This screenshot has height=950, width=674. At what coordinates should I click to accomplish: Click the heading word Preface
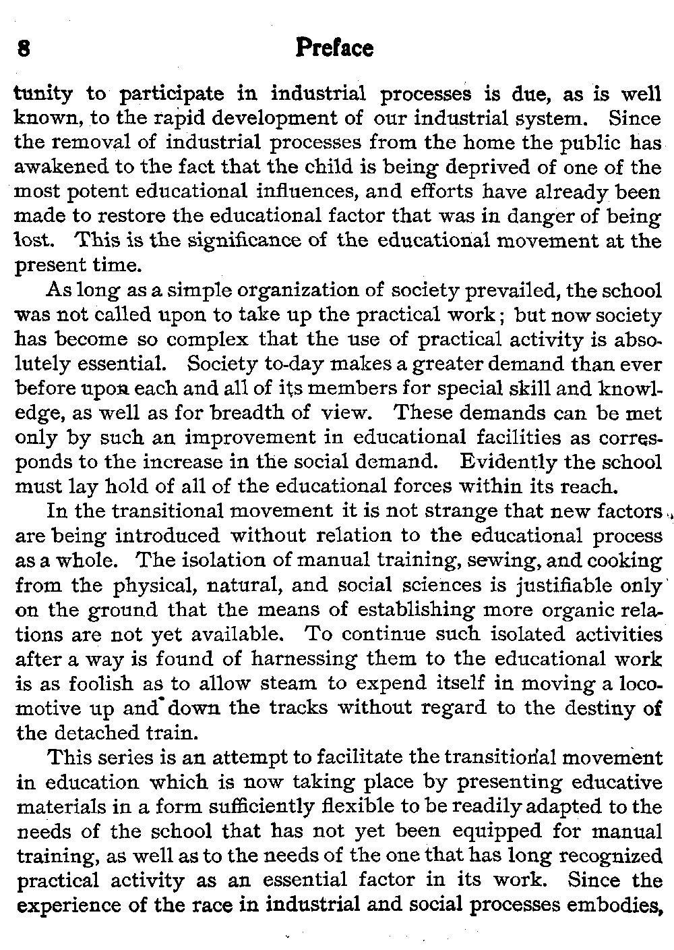334,49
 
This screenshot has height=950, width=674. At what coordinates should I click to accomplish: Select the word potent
105,192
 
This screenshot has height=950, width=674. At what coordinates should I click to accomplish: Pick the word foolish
93,683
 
